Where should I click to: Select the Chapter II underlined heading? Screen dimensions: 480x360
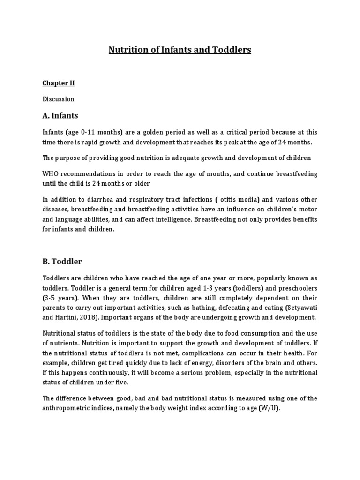(59, 83)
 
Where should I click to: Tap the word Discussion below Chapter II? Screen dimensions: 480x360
(58, 99)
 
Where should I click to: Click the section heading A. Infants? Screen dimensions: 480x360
(60, 115)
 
